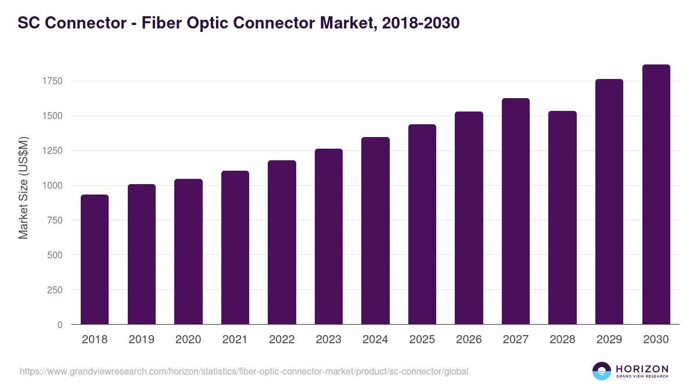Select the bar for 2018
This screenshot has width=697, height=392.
[95, 260]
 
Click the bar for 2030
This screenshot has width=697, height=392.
[656, 195]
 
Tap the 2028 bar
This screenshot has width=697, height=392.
[562, 218]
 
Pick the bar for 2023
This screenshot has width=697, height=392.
[329, 236]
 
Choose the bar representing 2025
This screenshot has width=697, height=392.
[422, 224]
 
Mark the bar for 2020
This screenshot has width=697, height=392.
[188, 251]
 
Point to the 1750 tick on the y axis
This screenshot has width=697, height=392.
[52, 81]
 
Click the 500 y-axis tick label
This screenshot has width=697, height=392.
[56, 255]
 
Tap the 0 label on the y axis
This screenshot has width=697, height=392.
[60, 325]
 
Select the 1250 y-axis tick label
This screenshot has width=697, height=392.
[52, 151]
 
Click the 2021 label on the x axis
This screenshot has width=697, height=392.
[235, 340]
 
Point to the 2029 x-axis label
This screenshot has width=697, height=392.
[609, 340]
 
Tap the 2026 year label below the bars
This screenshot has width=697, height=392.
[469, 340]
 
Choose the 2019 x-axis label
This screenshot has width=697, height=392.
[142, 340]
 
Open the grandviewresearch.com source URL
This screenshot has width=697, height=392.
[244, 371]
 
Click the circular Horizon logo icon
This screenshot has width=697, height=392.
[602, 371]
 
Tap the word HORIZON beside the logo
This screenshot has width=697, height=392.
[642, 369]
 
